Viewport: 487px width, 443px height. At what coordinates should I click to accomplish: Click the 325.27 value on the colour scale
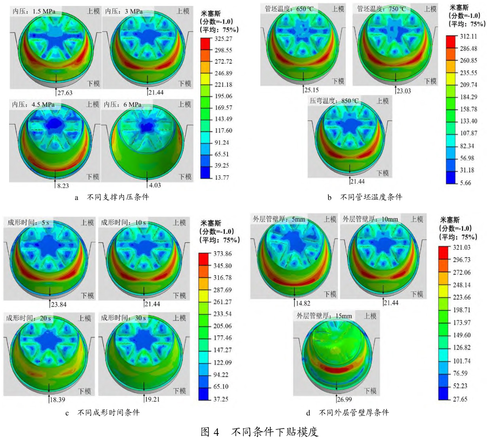tap(224, 39)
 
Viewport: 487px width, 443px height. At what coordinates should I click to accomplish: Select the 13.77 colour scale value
tap(222, 178)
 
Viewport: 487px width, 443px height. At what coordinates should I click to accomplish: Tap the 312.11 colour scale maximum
tap(468, 36)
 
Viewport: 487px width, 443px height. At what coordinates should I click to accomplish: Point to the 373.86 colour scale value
tap(222, 254)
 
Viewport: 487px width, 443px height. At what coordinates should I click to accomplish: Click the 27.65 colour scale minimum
tap(460, 399)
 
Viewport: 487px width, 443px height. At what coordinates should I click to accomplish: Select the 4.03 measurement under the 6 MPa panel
tap(155, 185)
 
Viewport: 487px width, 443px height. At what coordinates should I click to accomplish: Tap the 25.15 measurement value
tap(311, 91)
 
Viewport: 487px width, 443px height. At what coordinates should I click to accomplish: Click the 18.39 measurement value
tap(57, 399)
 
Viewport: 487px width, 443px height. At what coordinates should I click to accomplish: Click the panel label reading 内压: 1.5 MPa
tap(34, 11)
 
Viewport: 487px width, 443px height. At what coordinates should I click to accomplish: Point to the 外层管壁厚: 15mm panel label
tap(324, 316)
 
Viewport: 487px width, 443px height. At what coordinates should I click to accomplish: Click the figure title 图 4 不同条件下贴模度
tap(259, 432)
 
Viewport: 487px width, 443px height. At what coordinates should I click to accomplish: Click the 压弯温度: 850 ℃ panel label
tap(334, 101)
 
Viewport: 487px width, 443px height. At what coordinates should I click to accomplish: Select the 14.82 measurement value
tap(303, 303)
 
